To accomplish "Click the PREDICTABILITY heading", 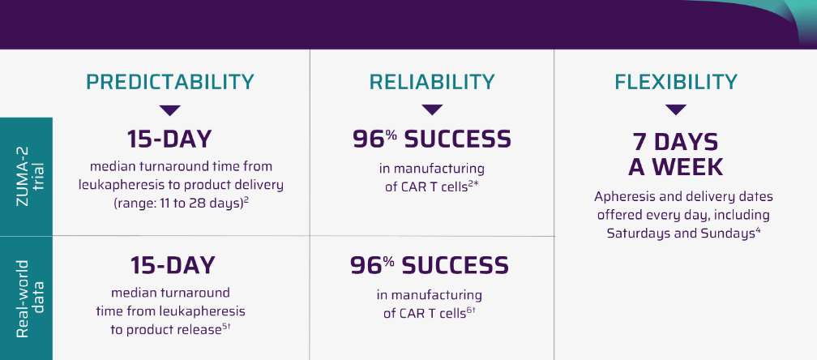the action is point(170,83).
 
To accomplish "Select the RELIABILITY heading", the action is point(432,83).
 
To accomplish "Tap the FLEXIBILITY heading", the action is point(676,83).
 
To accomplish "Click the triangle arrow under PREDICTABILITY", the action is point(170,110).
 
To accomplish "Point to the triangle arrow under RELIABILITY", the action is point(432,110).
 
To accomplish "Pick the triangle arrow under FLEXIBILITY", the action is point(676,110).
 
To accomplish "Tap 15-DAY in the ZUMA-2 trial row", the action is point(170,139).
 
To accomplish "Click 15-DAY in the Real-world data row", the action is point(173,265).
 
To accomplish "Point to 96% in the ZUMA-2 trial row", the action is point(374,139).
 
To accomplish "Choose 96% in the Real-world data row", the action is point(371,265).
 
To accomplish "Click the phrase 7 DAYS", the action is point(675,142).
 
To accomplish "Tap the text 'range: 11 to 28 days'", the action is point(180,204).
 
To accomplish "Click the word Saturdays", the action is point(639,234).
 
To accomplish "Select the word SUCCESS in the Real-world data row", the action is point(455,265).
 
